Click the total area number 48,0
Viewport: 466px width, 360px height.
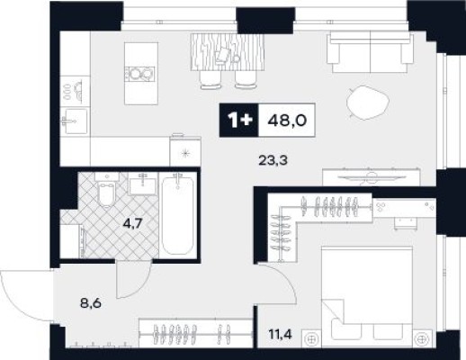tap(287, 121)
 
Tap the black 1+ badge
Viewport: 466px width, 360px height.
tap(239, 121)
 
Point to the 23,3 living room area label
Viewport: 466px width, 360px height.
tap(273, 161)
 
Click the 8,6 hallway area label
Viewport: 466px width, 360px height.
tap(91, 303)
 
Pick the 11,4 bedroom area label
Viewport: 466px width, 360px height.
tap(281, 333)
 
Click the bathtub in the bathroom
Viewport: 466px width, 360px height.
tap(178, 214)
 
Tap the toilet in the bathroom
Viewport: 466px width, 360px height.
tap(107, 189)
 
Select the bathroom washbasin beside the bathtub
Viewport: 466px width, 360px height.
tap(143, 184)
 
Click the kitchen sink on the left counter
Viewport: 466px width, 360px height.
tap(75, 121)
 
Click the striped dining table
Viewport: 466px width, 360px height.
tap(228, 52)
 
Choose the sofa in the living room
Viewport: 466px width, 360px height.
tap(371, 52)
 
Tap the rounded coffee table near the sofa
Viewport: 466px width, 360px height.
tap(368, 103)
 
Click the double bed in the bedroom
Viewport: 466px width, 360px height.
tap(367, 297)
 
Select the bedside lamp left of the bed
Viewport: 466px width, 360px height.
tap(311, 339)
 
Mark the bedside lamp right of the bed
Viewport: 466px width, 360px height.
tap(422, 339)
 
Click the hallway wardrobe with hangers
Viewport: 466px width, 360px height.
tap(195, 333)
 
